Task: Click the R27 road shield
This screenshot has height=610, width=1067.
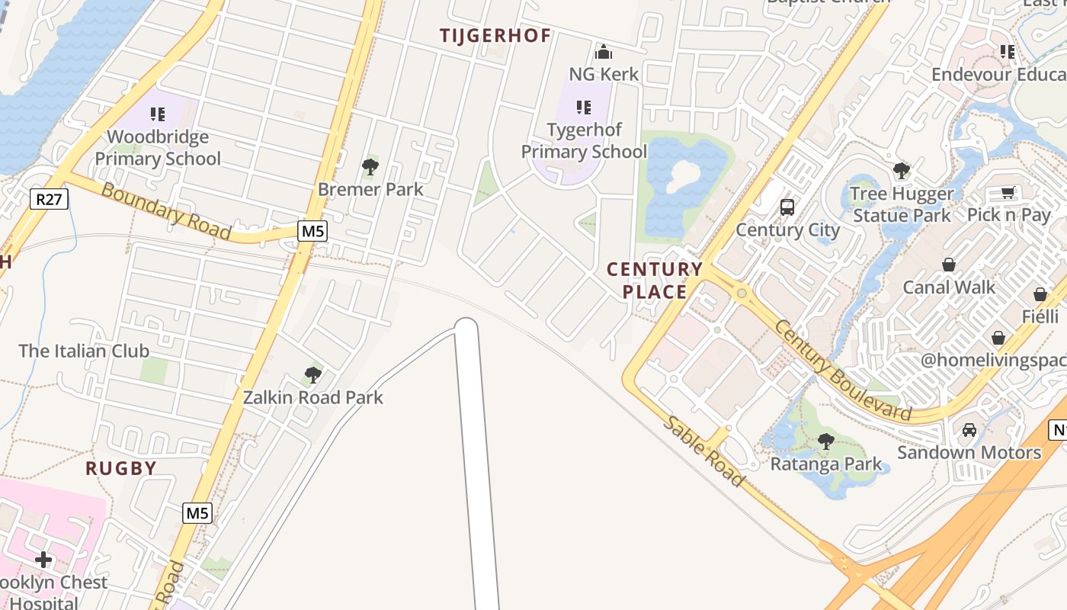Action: [50, 200]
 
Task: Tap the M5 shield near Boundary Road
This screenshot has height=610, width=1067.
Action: [312, 231]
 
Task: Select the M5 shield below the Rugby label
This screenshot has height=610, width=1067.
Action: [197, 513]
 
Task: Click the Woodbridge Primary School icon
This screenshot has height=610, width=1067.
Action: [158, 115]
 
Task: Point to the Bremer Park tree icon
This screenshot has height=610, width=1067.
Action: [370, 166]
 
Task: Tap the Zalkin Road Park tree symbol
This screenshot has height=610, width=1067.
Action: [312, 374]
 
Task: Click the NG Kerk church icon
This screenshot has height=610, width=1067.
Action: [604, 52]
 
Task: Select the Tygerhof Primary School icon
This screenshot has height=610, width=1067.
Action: [584, 108]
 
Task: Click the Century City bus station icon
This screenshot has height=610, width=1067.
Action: [787, 207]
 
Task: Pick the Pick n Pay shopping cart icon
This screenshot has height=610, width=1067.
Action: [1008, 193]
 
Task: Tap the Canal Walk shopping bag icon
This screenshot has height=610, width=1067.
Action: [949, 265]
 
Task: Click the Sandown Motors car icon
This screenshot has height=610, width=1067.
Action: [969, 430]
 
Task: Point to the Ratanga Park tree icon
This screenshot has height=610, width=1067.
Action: [825, 441]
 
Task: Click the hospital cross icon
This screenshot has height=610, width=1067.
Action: [43, 560]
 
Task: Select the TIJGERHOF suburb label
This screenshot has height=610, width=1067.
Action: [495, 36]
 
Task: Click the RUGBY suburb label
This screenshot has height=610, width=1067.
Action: [121, 468]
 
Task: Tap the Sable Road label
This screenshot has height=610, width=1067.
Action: [702, 451]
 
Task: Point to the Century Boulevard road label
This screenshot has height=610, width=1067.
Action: [841, 371]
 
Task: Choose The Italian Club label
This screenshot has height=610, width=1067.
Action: [84, 351]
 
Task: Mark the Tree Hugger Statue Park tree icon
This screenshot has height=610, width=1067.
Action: [902, 171]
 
